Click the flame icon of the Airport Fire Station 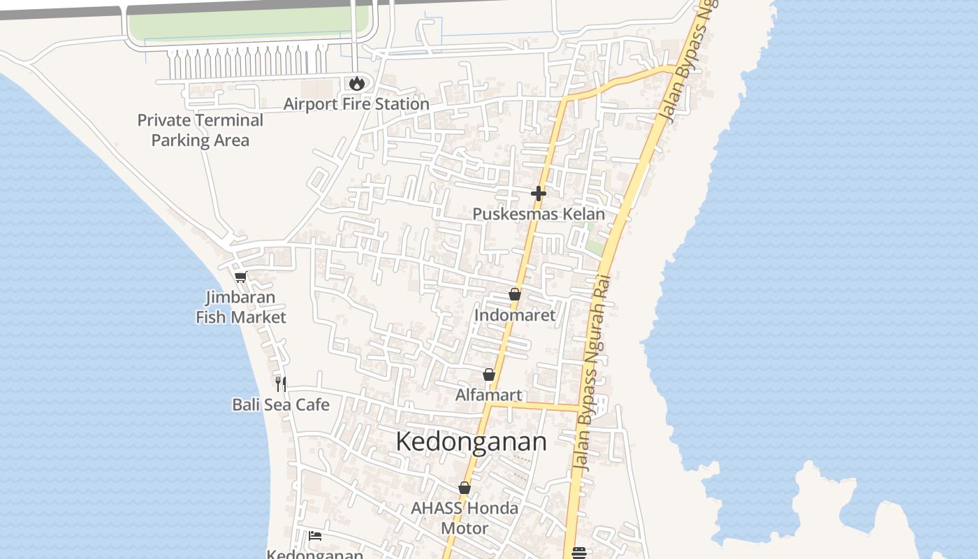(357, 83)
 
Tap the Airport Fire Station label (356, 104)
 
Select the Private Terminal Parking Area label (200, 130)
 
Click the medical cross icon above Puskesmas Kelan (538, 193)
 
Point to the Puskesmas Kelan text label (539, 214)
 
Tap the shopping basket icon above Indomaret (515, 294)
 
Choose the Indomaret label (515, 315)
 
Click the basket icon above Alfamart (489, 375)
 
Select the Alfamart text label (488, 395)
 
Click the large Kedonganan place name (471, 442)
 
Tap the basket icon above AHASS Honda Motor (465, 487)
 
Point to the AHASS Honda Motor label (465, 518)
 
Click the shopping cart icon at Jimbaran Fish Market (241, 277)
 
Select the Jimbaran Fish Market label (241, 307)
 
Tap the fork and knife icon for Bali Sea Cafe (281, 384)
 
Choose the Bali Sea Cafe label (281, 405)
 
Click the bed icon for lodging (315, 536)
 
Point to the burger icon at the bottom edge (578, 553)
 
